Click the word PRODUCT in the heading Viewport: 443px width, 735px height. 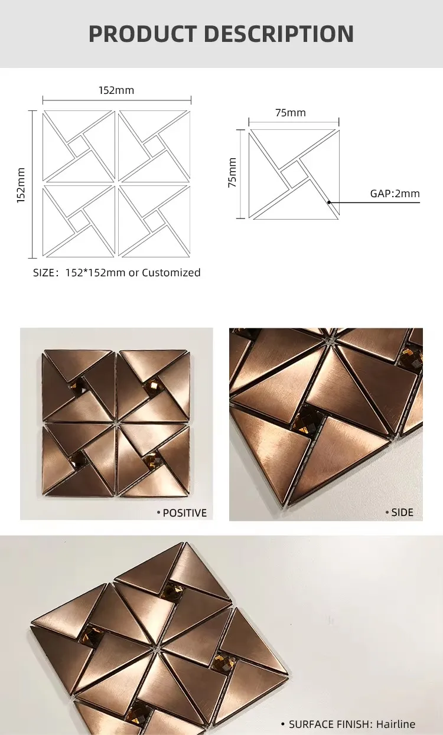click(142, 34)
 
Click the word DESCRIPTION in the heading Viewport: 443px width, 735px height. click(279, 34)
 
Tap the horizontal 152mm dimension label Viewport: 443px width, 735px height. click(116, 90)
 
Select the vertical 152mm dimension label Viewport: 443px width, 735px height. click(21, 185)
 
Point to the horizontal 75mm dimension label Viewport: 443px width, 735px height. click(291, 113)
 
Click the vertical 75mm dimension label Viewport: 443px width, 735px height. click(232, 172)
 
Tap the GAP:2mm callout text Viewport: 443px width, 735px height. click(395, 194)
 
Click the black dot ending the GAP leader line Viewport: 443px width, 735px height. click(329, 202)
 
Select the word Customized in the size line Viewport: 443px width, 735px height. click(171, 273)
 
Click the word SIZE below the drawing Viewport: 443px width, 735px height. click(43, 273)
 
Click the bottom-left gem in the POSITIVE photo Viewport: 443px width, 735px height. click(78, 459)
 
